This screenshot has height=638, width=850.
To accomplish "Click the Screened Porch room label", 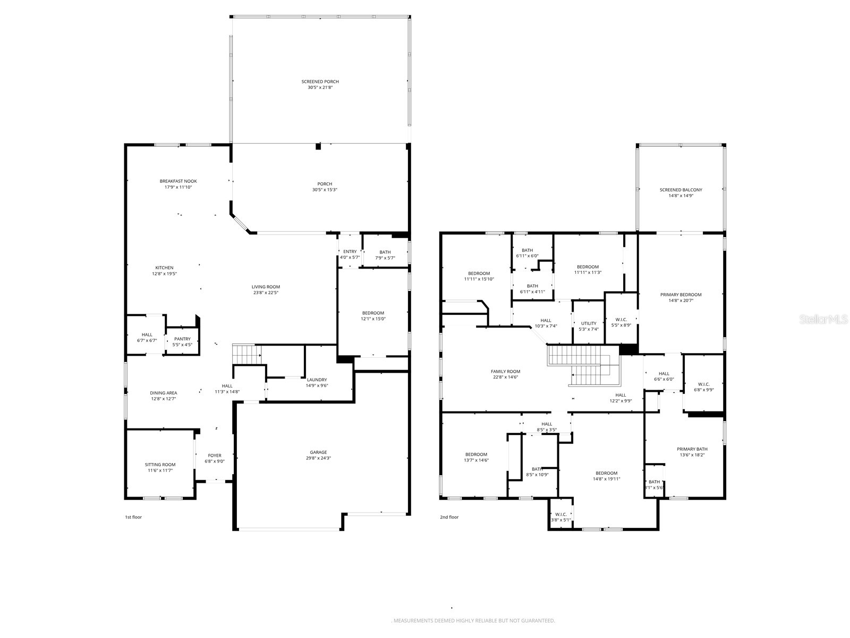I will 320,81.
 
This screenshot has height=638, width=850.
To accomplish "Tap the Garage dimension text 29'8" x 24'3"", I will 318,458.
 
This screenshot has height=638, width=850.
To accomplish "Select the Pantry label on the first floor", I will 182,339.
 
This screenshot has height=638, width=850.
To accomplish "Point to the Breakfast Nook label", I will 178,181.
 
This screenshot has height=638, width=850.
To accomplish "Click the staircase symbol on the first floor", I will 246,353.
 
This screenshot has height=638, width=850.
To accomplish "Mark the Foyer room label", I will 215,456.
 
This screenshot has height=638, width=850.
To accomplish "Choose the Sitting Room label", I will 160,465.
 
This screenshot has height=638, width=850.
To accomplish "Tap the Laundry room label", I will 317,380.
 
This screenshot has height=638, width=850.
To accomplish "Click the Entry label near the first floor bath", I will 350,251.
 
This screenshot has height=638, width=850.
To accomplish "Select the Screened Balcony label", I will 681,190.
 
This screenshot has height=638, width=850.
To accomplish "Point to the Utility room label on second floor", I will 589,323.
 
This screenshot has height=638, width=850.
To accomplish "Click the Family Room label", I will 505,372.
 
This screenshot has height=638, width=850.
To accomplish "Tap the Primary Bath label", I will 692,449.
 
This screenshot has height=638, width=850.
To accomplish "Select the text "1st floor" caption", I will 133,517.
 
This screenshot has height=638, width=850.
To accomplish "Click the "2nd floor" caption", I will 449,517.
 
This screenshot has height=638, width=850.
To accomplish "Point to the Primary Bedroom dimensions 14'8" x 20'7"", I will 681,300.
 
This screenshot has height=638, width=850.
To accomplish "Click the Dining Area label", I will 163,393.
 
